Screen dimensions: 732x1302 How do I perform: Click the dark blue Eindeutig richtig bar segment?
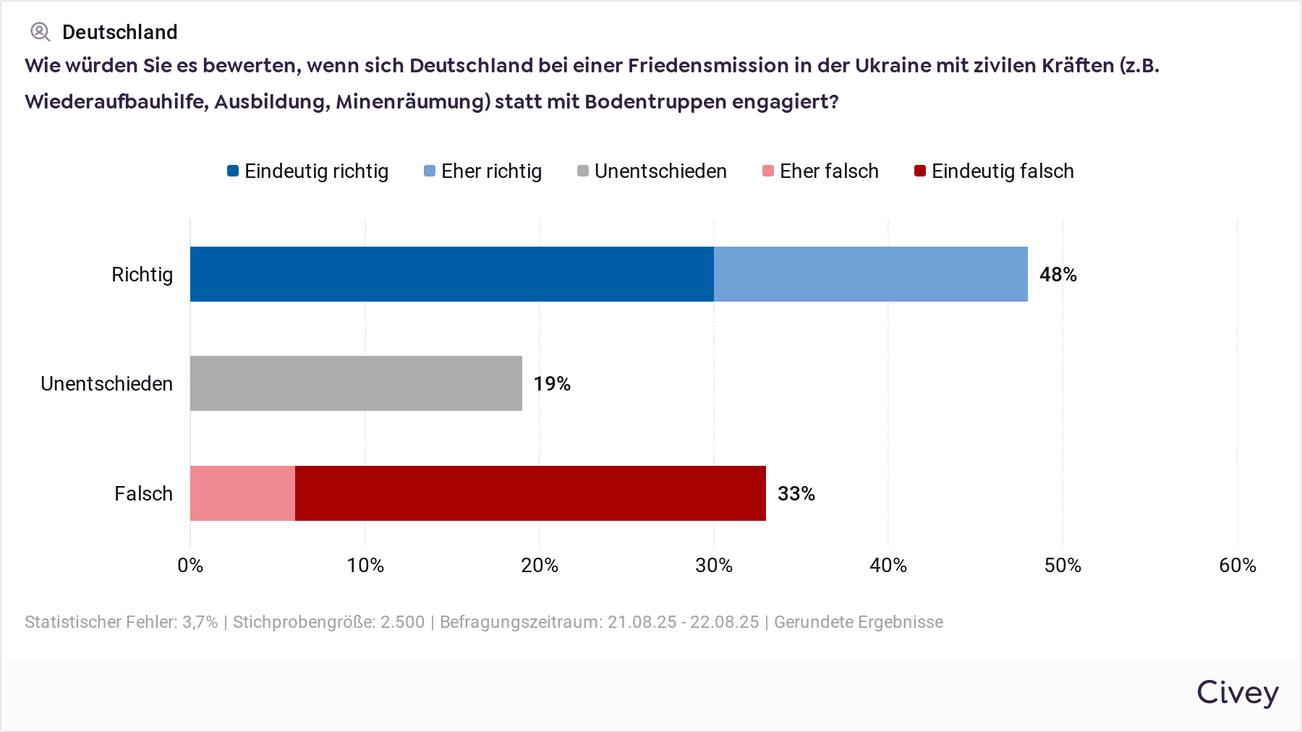(x=451, y=274)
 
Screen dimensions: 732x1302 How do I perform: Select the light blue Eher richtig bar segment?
(x=870, y=274)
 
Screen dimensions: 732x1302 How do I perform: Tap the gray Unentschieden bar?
(x=356, y=383)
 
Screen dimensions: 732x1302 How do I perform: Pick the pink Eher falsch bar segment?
(x=242, y=493)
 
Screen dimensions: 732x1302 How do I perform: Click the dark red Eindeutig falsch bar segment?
(x=530, y=493)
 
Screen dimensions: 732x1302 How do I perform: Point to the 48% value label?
(x=1058, y=275)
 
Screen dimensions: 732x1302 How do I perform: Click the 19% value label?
(x=552, y=384)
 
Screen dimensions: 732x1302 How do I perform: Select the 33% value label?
(x=796, y=494)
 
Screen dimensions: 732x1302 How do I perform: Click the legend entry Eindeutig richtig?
(x=307, y=171)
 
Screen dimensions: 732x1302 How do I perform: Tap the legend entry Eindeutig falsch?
(x=994, y=171)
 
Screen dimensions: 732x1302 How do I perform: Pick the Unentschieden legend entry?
(x=652, y=171)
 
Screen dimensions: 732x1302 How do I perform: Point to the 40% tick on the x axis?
(x=888, y=566)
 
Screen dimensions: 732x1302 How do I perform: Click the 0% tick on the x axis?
(x=190, y=566)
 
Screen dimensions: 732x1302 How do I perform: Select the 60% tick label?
(x=1237, y=566)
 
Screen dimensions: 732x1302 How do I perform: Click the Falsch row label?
(x=143, y=494)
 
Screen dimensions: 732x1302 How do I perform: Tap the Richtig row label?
(x=142, y=275)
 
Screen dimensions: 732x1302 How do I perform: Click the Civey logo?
(x=1237, y=693)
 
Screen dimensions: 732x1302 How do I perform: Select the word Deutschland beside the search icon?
(x=119, y=33)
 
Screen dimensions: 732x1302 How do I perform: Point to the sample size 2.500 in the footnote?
(x=402, y=622)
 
